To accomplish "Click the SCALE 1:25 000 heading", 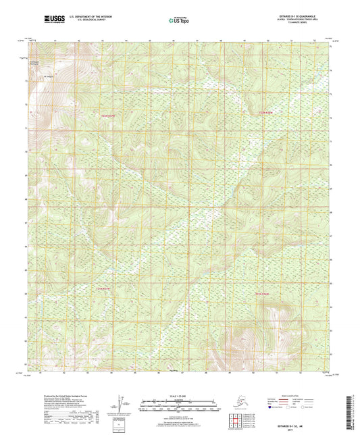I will [x=178, y=395].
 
